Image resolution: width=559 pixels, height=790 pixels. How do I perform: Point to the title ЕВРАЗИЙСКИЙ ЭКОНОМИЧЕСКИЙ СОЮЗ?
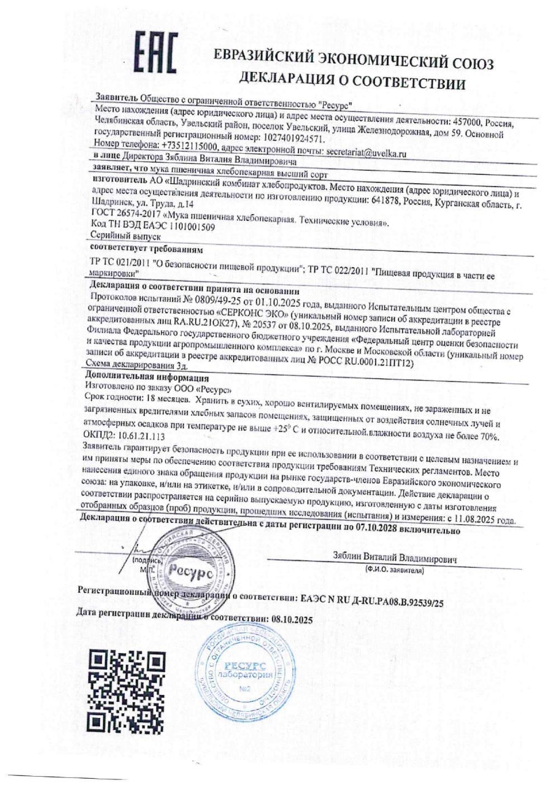[x=354, y=60]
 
